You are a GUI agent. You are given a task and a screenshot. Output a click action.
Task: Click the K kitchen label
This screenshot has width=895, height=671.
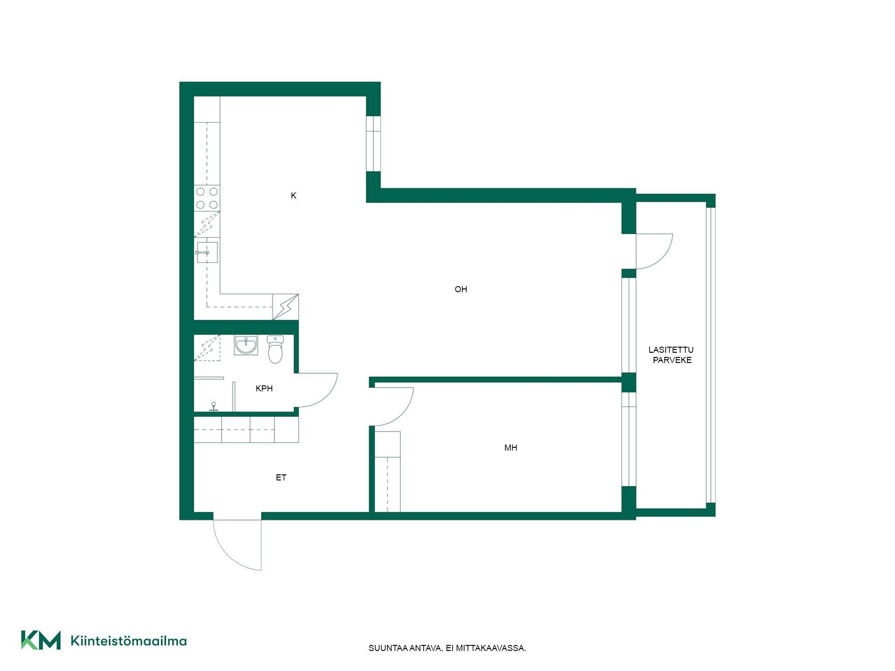click(x=294, y=196)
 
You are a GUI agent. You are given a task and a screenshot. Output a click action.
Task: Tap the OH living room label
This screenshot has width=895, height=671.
click(x=461, y=289)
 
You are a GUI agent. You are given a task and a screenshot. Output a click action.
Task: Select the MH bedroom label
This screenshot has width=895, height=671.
click(x=510, y=448)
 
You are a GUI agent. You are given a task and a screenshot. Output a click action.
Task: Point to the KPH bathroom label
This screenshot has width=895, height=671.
click(x=264, y=389)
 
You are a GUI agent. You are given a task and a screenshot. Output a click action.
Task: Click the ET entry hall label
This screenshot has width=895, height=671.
click(x=281, y=478)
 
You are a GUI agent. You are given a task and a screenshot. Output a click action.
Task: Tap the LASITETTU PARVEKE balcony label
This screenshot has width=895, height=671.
click(x=671, y=355)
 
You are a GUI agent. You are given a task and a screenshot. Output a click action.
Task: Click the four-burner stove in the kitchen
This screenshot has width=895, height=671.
click(x=207, y=198)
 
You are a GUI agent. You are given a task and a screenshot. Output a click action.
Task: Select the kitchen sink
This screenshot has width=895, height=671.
click(x=207, y=252)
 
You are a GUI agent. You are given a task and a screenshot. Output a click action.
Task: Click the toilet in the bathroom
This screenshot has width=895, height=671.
click(x=275, y=349)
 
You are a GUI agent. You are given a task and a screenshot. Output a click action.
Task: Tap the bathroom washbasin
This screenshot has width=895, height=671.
click(x=246, y=345)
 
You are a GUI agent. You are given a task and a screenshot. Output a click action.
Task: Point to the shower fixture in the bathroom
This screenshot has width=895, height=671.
click(x=214, y=407)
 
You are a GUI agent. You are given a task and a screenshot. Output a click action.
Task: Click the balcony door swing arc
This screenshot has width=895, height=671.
click(x=662, y=259)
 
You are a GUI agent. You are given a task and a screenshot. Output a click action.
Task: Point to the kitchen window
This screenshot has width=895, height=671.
click(x=373, y=144)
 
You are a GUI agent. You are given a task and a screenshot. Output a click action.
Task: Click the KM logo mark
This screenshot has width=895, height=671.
click(x=41, y=640)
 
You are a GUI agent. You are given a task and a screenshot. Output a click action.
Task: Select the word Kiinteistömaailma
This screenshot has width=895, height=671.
click(x=129, y=641)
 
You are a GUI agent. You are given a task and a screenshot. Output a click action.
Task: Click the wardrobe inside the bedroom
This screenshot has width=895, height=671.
click(x=388, y=472)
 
